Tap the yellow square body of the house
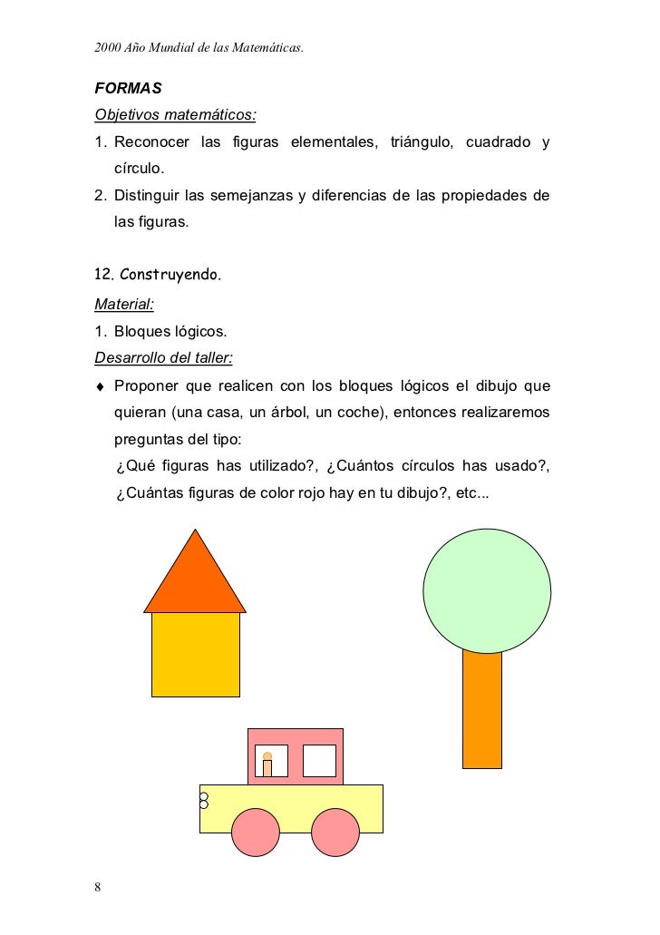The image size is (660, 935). [x=195, y=654]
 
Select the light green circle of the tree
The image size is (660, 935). [x=487, y=589]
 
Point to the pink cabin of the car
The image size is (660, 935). [x=296, y=739]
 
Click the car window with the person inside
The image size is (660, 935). [x=271, y=761]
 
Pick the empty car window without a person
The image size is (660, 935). [x=319, y=760]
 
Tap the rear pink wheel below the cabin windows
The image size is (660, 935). [x=336, y=832]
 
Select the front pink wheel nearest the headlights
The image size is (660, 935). [x=256, y=832]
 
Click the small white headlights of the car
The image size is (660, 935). [x=204, y=801]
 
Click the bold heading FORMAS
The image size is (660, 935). [x=128, y=89]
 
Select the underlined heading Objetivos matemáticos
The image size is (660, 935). [x=175, y=116]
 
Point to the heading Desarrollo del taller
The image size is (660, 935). [x=164, y=355]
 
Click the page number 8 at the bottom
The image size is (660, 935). [x=98, y=886]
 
